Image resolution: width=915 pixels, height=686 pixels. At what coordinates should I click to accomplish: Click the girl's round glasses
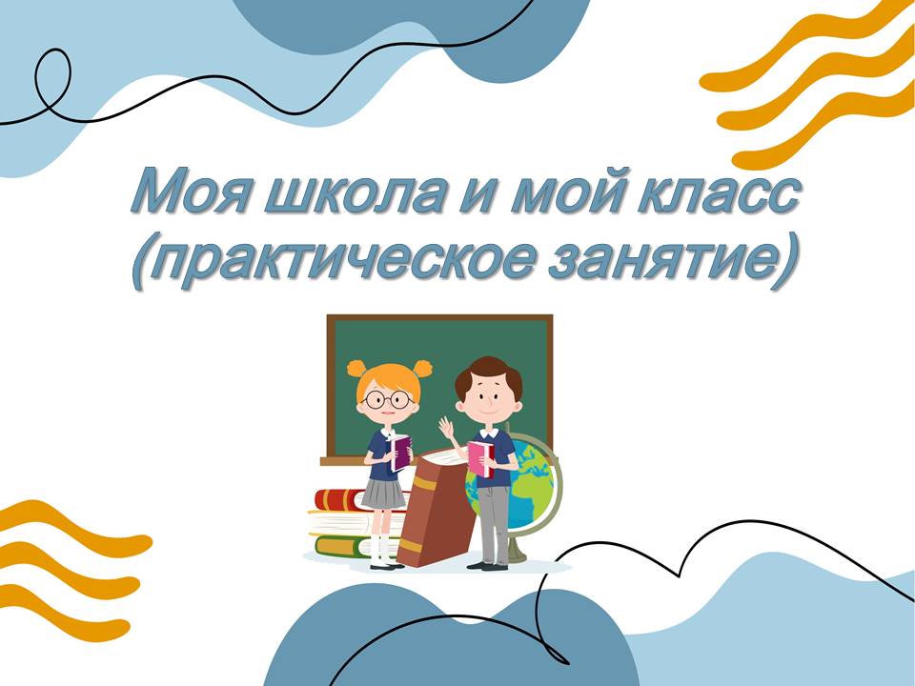tap(387, 400)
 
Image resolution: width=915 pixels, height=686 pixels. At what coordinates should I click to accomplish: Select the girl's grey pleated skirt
tap(383, 494)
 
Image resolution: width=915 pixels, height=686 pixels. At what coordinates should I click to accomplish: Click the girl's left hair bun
tap(356, 369)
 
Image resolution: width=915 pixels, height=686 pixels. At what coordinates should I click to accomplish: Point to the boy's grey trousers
tap(494, 524)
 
